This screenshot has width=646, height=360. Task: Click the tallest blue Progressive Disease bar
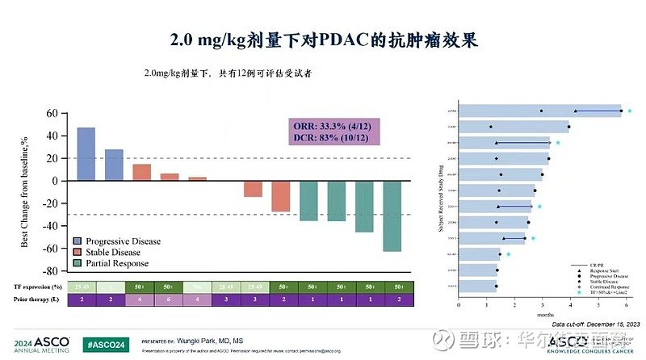tap(86, 153)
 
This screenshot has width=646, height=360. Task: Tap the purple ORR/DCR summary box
tap(334, 132)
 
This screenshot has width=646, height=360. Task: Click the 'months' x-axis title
tap(543, 316)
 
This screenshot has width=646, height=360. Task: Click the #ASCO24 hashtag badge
tap(107, 342)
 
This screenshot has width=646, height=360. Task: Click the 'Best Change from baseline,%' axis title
tap(25, 193)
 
